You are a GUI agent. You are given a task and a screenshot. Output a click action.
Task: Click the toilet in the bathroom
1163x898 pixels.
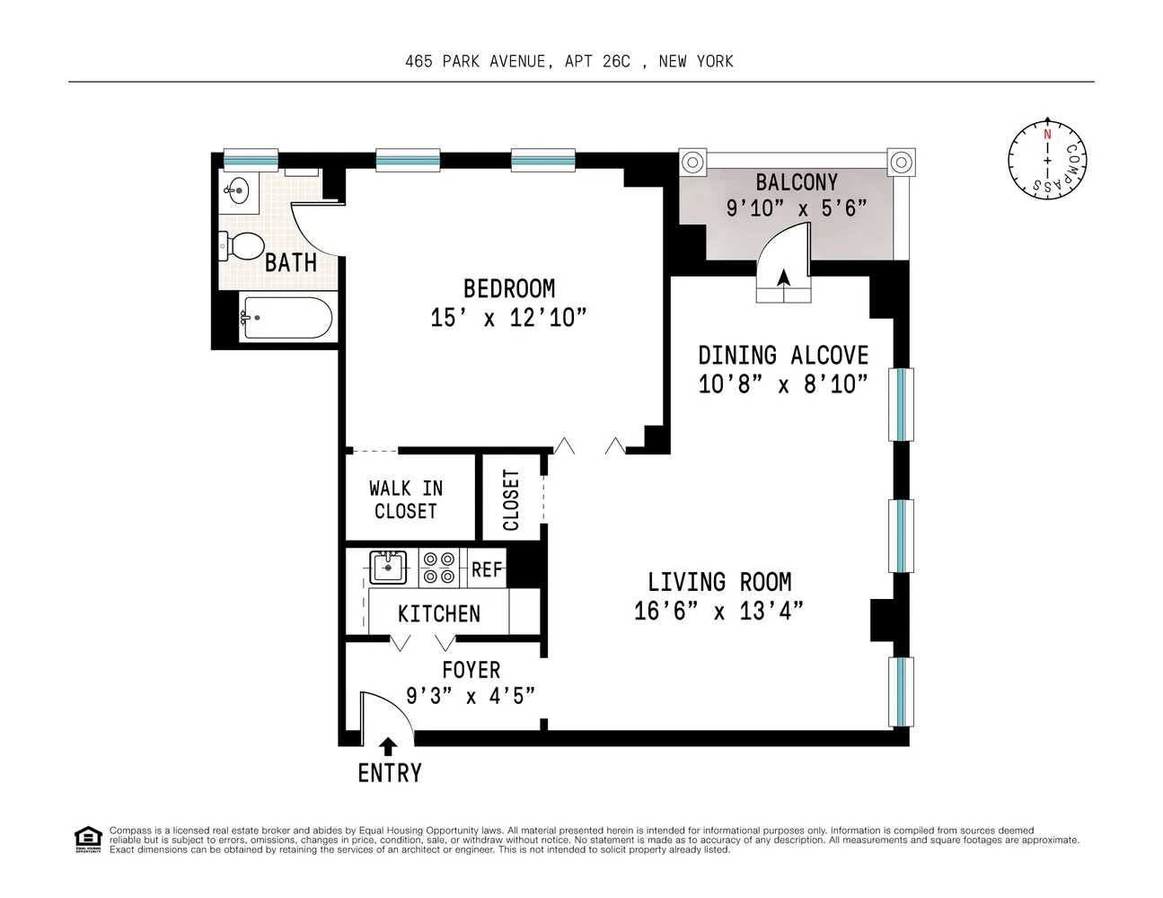click(242, 245)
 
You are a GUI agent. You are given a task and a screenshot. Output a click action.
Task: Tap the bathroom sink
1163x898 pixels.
click(237, 190)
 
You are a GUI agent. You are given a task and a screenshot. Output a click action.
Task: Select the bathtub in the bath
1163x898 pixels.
click(286, 318)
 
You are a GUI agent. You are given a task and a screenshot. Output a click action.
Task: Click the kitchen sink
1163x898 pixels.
click(388, 568)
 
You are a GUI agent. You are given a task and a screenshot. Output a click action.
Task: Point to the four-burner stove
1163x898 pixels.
click(439, 568)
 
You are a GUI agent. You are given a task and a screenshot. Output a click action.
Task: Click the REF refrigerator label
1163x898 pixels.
click(488, 570)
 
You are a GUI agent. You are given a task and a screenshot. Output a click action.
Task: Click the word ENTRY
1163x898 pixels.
click(389, 773)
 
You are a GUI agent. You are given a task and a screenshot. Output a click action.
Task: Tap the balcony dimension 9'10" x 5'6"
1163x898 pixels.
click(796, 208)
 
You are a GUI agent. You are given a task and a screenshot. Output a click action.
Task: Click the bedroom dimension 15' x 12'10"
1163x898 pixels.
click(508, 318)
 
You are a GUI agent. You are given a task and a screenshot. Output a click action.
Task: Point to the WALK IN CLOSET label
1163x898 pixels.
click(406, 499)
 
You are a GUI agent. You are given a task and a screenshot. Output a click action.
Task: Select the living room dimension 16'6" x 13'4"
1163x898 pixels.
click(718, 612)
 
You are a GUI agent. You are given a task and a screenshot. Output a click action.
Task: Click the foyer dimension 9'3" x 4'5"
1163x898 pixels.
click(471, 695)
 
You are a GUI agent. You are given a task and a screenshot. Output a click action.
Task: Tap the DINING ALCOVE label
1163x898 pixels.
click(783, 355)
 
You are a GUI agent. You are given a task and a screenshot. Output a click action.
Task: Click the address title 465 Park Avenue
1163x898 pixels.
click(568, 61)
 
